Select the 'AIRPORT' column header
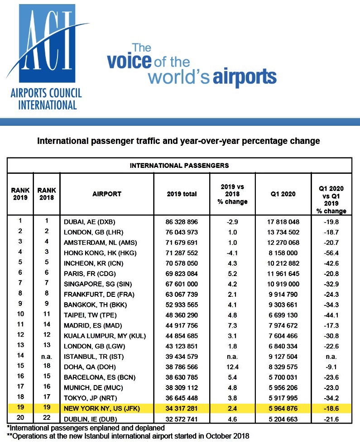[x=106, y=194]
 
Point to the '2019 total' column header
[x=182, y=194]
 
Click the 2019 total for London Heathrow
[x=182, y=232]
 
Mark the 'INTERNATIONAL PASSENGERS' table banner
[x=179, y=165]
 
